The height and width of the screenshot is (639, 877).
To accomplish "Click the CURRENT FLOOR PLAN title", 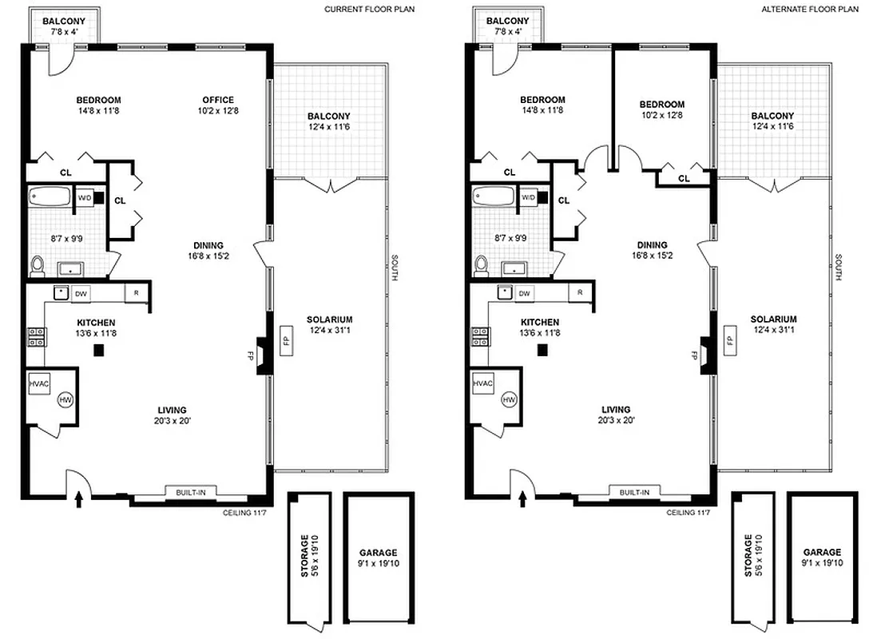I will pyautogui.click(x=369, y=10).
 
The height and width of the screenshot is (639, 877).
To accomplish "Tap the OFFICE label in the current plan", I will pyautogui.click(x=217, y=100).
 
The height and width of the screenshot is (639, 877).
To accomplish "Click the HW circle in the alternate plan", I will pyautogui.click(x=509, y=399).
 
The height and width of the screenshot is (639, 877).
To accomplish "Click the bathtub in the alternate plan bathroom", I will pyautogui.click(x=494, y=195).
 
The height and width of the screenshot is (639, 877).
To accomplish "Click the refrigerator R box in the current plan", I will pyautogui.click(x=137, y=292).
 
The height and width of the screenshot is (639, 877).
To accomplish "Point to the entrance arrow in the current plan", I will pyautogui.click(x=78, y=500).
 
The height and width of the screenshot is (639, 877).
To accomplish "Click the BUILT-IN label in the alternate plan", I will pyautogui.click(x=634, y=492).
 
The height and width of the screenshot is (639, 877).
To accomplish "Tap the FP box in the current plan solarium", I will pyautogui.click(x=285, y=339).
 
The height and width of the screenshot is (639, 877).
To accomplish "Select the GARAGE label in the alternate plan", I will pyautogui.click(x=822, y=553).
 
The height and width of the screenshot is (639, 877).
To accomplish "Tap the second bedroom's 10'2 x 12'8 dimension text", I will pyautogui.click(x=662, y=115).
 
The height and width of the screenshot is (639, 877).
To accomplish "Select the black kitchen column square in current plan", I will pyautogui.click(x=99, y=349).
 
